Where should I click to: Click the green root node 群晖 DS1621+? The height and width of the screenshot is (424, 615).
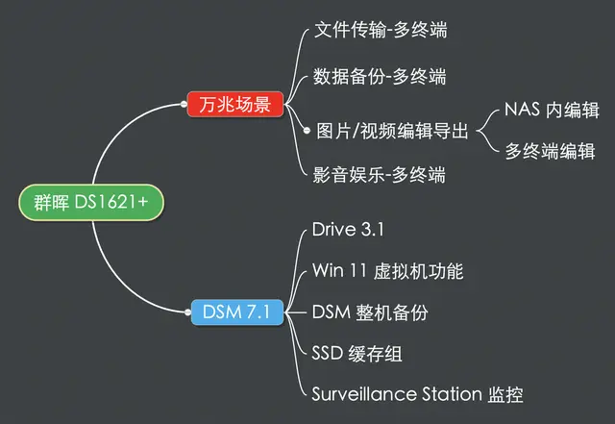tap(91, 202)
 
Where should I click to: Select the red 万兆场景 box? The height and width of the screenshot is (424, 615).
tap(234, 104)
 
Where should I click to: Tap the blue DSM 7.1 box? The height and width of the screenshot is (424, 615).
tap(237, 312)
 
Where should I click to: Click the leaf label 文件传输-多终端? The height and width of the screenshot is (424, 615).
tap(381, 30)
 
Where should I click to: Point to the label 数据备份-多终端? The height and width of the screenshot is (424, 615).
tap(380, 76)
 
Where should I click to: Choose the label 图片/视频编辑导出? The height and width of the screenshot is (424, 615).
tap(392, 131)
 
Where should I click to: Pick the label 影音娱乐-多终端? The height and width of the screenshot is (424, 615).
tap(379, 175)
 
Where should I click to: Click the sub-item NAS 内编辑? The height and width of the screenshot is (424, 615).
tap(552, 110)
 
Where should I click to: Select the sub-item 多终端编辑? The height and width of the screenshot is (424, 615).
tap(550, 151)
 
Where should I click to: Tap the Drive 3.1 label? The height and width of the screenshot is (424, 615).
tap(348, 229)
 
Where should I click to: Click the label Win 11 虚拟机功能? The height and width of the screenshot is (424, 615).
tap(387, 271)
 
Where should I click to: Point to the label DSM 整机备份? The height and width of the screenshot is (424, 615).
tap(369, 312)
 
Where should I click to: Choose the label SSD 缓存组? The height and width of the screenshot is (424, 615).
tap(357, 354)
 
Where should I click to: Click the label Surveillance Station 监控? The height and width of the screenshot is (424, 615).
tap(417, 394)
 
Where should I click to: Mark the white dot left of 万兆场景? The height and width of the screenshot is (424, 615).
tap(184, 104)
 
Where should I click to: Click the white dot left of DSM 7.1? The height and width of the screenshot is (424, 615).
tap(187, 312)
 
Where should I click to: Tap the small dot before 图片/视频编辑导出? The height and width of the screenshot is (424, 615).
tap(307, 131)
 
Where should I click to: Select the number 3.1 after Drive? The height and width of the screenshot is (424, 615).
tap(372, 229)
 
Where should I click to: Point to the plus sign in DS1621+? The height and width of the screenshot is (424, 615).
tap(143, 202)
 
